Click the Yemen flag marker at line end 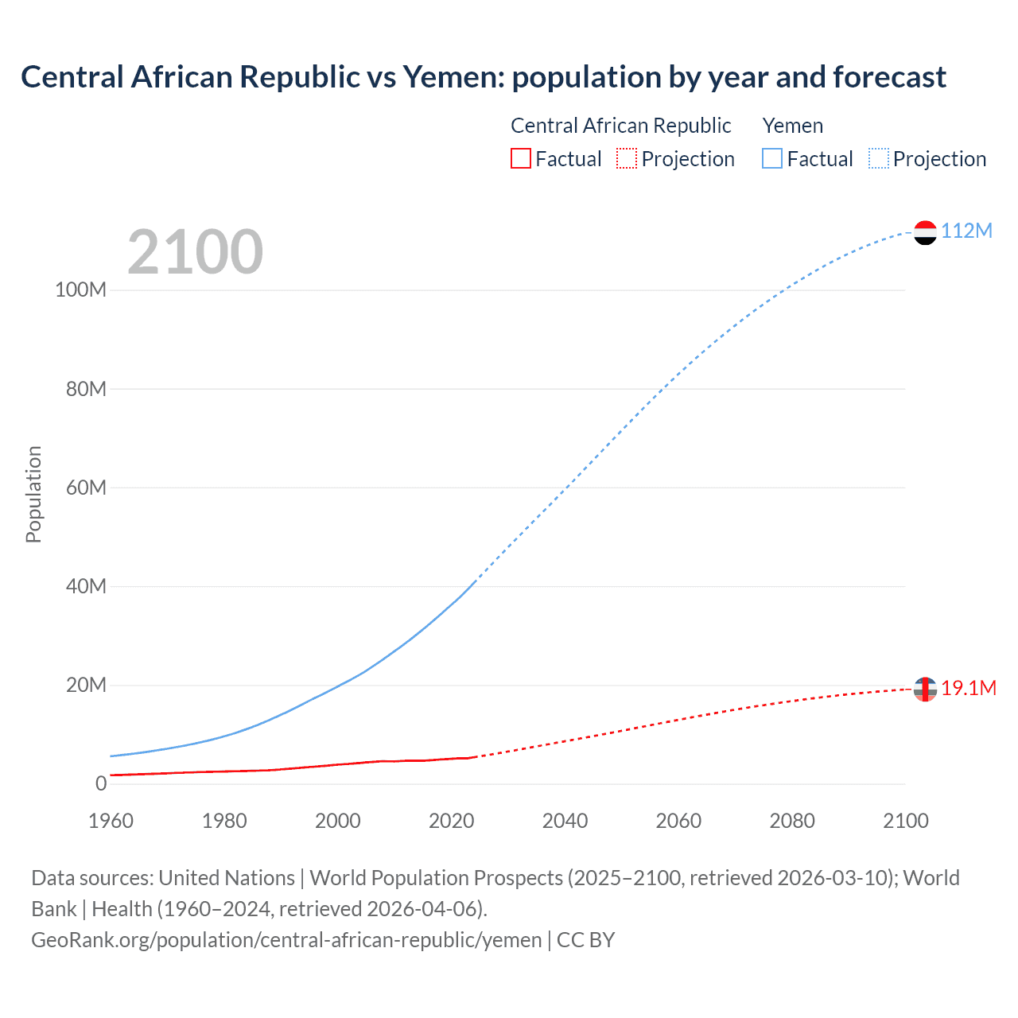click(925, 232)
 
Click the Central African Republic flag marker click(925, 689)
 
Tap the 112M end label click(966, 231)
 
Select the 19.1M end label click(969, 688)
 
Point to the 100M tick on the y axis click(80, 289)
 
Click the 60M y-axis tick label click(86, 488)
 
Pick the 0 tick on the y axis click(101, 783)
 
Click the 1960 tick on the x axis click(111, 821)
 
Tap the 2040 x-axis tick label click(565, 821)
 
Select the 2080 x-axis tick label click(792, 821)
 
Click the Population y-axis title click(33, 494)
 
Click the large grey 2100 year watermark click(195, 252)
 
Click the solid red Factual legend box click(521, 159)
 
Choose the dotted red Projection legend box click(627, 159)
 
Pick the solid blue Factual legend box click(772, 159)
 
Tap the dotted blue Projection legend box click(879, 159)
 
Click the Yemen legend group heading click(793, 126)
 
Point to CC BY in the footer click(586, 940)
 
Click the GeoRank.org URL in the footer click(286, 940)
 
